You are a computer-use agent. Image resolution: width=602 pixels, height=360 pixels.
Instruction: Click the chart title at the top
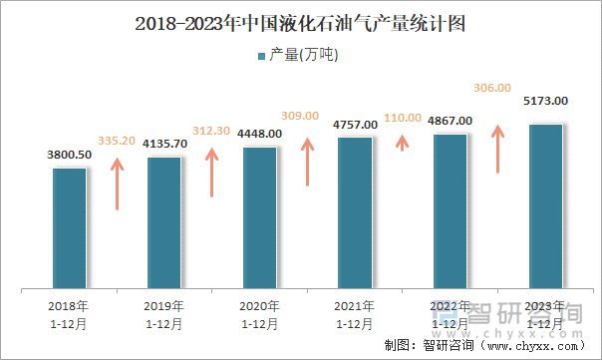point(300,23)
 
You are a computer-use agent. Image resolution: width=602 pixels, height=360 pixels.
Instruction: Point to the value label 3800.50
point(70,155)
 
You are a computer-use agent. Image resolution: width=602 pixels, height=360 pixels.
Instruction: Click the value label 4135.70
point(163,144)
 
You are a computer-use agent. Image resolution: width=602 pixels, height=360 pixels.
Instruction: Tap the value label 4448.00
point(259,134)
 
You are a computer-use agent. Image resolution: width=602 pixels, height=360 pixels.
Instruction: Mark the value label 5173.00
point(545,101)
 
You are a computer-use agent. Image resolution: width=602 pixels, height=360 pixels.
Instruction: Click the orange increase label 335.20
point(118,141)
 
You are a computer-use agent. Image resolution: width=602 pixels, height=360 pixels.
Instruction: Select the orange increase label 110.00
point(403,118)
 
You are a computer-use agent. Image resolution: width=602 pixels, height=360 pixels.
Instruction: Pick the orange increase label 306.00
point(497,88)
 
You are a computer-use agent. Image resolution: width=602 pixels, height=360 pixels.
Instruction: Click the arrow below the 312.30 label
point(211,171)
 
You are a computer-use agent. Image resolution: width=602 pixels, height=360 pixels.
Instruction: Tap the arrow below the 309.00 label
point(308,162)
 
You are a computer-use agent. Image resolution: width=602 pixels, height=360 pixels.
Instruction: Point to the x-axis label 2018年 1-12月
point(70,314)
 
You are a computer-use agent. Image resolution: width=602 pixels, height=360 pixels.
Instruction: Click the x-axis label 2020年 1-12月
point(259,314)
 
